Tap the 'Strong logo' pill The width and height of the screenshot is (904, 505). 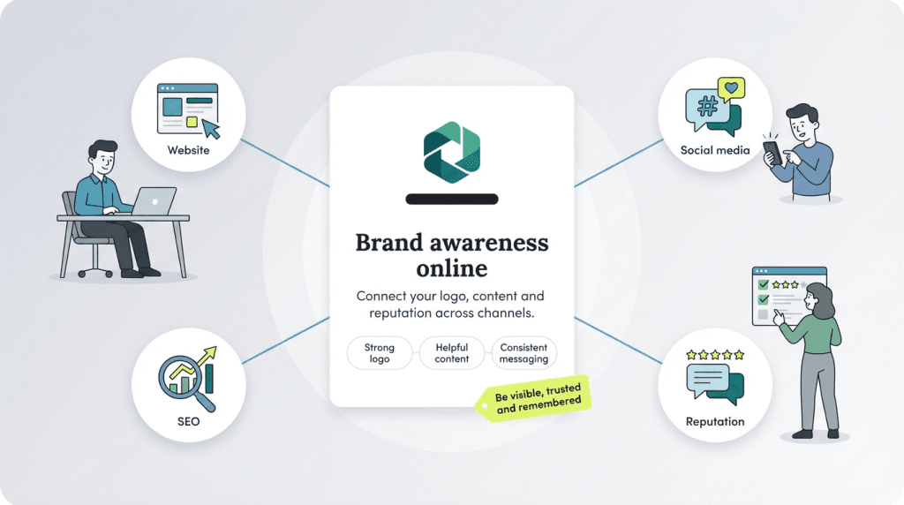pos(380,353)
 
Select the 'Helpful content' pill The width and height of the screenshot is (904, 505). pos(451,353)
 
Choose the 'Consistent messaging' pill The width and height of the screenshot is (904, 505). pos(524,353)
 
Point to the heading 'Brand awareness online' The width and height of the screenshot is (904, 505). pos(451,254)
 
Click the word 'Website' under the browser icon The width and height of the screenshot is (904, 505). pos(189,150)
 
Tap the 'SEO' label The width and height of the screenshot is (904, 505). pos(189,421)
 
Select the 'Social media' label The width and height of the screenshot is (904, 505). pos(715,150)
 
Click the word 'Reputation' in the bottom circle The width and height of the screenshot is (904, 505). pos(715,421)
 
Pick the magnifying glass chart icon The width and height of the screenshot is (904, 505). pos(186,377)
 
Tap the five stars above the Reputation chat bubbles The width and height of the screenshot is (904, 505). pos(715,354)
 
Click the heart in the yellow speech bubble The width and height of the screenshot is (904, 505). pos(730,88)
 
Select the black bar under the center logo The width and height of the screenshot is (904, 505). pos(451,200)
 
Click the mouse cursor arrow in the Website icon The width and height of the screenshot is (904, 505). pos(211,129)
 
